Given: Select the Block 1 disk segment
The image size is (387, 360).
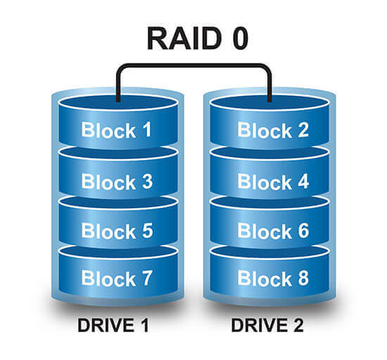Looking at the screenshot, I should coord(117,130).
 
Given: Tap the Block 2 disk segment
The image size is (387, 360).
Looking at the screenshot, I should coord(272,130).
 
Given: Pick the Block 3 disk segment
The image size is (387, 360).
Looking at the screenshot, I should coord(117,181).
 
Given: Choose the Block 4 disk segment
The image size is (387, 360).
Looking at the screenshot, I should coord(272,181).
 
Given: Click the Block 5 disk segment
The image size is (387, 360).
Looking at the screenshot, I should coord(117,230).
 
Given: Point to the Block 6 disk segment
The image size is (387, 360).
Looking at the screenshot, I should coord(272,230).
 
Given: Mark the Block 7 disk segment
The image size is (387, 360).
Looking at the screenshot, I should coord(117,278).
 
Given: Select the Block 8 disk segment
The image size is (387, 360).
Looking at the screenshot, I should coord(272,278).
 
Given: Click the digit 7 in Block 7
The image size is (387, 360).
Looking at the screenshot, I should coord(146,278).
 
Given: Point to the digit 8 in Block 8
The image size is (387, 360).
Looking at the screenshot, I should coord(302,278).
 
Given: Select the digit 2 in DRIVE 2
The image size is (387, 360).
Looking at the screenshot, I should coord(300,327).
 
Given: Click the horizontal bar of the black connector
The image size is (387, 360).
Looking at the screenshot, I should coord(193,66).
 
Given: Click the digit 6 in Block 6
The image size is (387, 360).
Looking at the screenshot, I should coord(302,230).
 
